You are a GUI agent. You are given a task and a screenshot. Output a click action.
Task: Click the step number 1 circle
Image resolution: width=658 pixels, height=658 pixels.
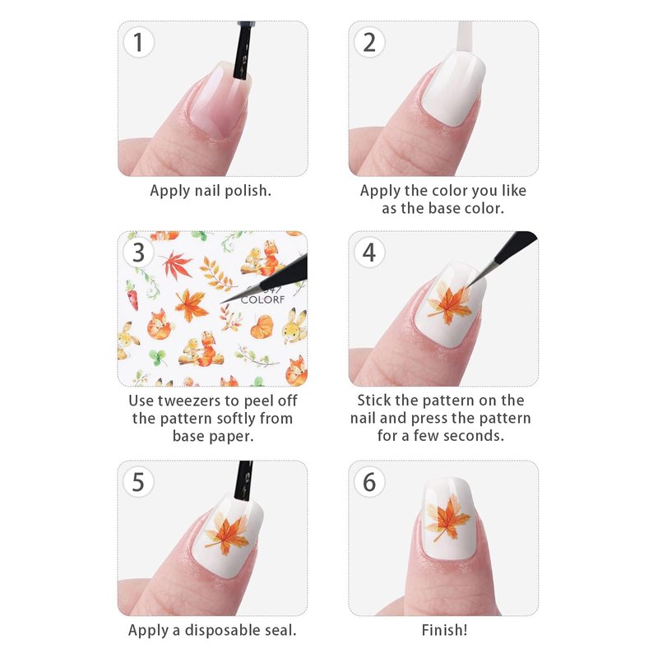(138, 43)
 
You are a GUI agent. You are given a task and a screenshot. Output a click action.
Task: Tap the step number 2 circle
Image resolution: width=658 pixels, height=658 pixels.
(369, 43)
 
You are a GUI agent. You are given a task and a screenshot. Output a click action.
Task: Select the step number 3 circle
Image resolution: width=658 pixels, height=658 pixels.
(138, 253)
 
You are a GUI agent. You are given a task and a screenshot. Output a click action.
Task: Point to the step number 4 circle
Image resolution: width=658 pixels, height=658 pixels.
(369, 253)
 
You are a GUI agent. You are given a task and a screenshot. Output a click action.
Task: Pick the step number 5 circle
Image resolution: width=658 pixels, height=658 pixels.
(138, 482)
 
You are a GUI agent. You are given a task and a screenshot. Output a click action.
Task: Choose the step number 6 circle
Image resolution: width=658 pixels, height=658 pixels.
(369, 482)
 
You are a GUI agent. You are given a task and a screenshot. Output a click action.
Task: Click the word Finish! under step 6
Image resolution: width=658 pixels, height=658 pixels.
(444, 630)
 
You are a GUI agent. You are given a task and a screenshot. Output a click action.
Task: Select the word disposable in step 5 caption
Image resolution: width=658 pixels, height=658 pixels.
(221, 630)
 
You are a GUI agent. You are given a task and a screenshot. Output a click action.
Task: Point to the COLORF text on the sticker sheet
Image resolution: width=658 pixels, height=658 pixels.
(262, 299)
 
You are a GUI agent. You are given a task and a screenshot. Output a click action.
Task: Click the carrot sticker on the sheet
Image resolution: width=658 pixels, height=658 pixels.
(132, 295)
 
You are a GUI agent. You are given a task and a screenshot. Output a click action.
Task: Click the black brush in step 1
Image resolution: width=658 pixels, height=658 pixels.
(243, 50)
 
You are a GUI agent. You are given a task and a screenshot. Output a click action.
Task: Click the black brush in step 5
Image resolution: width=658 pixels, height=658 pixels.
(243, 480)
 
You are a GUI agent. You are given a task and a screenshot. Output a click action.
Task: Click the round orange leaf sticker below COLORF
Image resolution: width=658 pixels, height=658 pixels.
(262, 327)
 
